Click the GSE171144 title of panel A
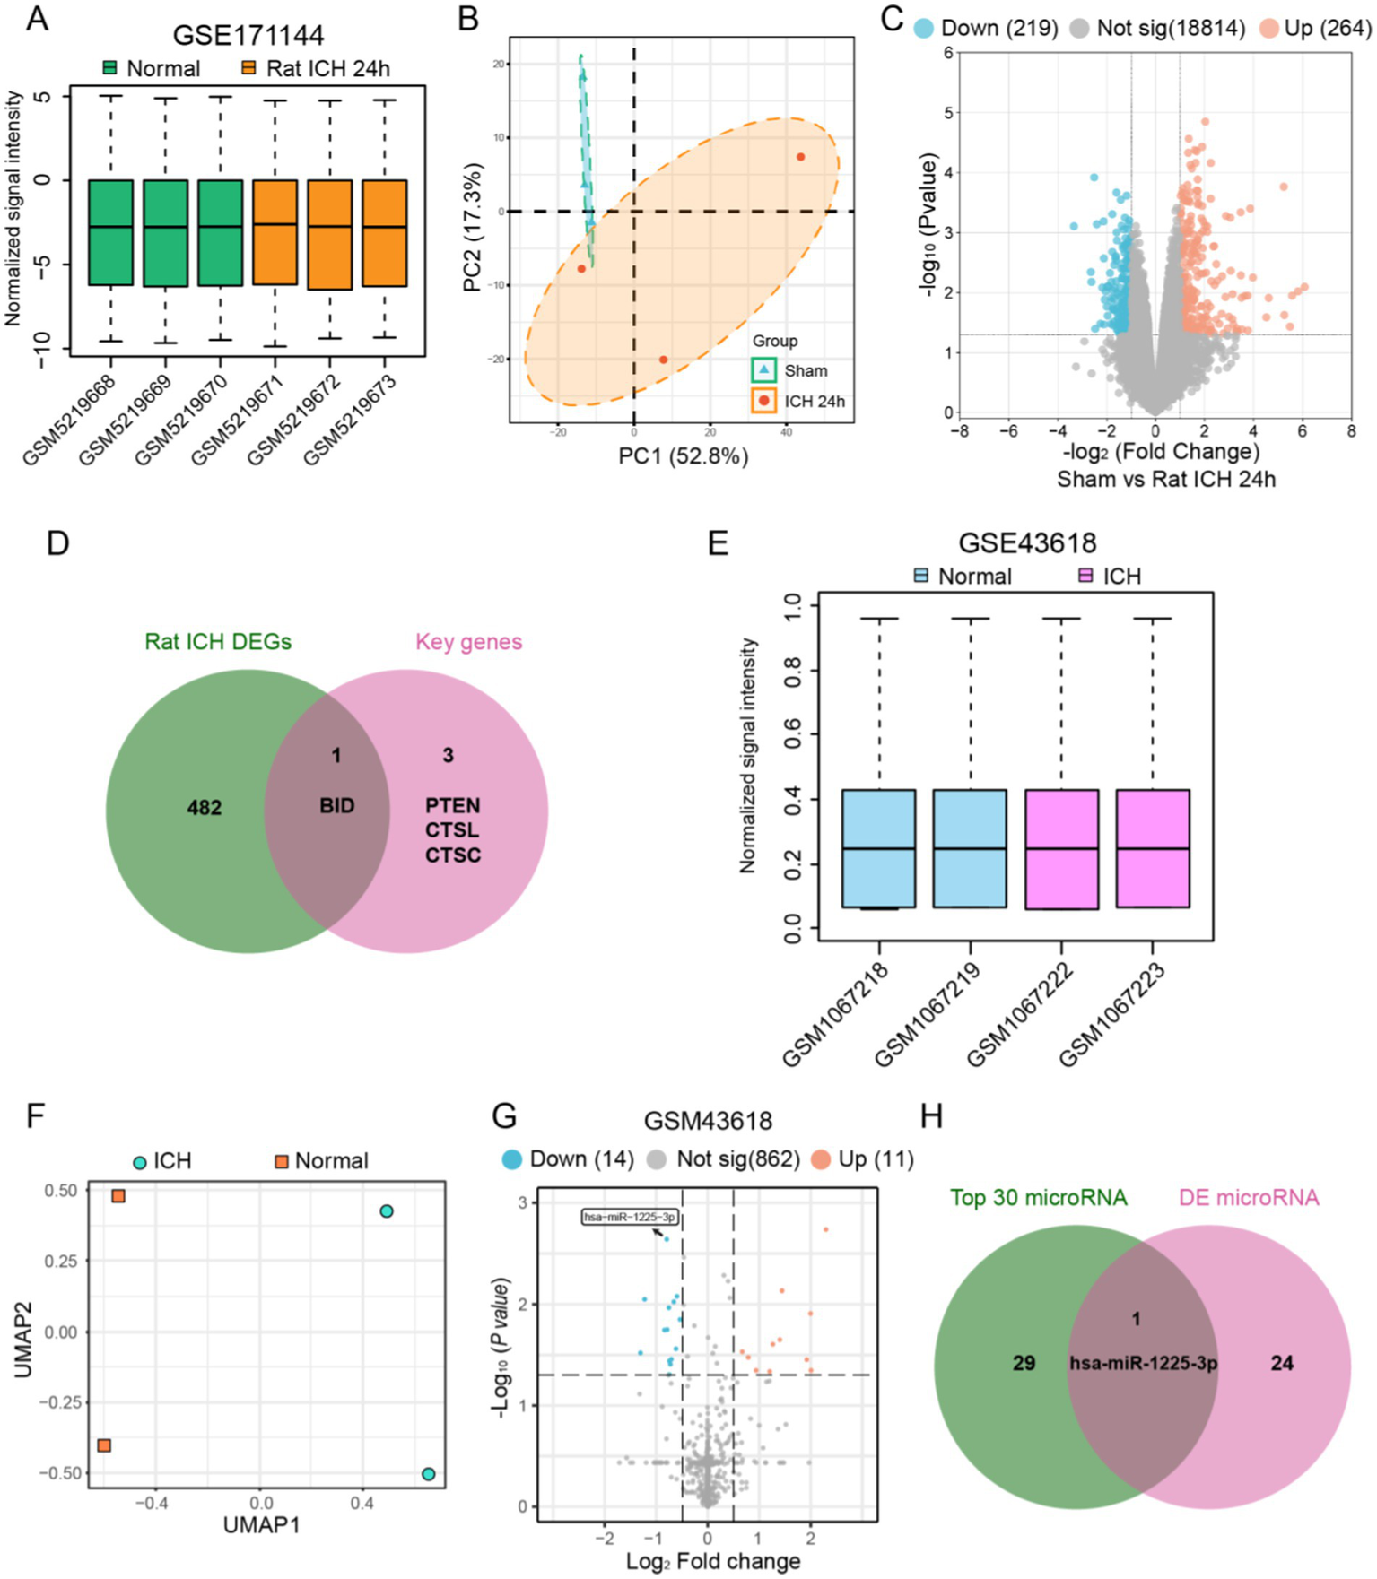point(248,35)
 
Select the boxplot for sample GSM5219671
point(275,232)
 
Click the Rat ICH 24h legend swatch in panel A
point(249,68)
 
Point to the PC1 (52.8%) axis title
point(683,456)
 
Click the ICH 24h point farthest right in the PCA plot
point(800,157)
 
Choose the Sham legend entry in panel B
point(805,370)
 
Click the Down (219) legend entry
point(986,29)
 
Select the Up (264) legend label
point(1327,29)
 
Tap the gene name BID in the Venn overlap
point(337,805)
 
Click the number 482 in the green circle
point(205,807)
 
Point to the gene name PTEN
point(453,804)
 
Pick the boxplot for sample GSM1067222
point(1061,849)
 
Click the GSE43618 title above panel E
point(1027,542)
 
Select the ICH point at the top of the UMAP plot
point(387,1211)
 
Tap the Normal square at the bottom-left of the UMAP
point(104,1445)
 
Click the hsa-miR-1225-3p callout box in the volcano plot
point(629,1217)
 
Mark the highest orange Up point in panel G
point(825,1229)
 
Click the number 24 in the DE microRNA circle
point(1282,1363)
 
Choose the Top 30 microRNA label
point(1038,1197)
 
